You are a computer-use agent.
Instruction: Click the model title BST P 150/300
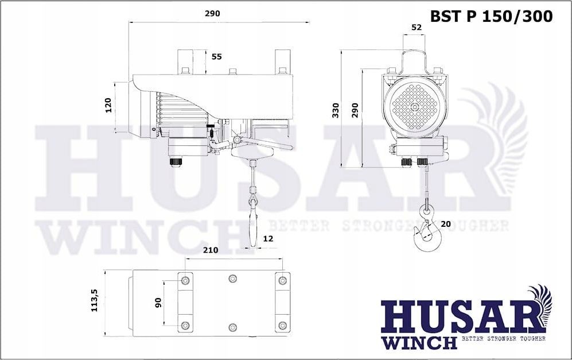coord(491,17)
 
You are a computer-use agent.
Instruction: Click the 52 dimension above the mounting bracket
coord(416,27)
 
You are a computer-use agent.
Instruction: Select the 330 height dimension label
coord(336,110)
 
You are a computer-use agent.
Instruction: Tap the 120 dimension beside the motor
coord(108,106)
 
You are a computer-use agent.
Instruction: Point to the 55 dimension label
coord(217,57)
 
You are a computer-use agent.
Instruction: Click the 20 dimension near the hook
coord(446,224)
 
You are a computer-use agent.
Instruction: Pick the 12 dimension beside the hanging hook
coord(268,239)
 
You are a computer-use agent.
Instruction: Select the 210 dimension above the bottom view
coord(211,250)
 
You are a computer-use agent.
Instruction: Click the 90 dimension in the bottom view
coord(158,303)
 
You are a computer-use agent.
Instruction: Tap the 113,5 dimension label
coord(95,300)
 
